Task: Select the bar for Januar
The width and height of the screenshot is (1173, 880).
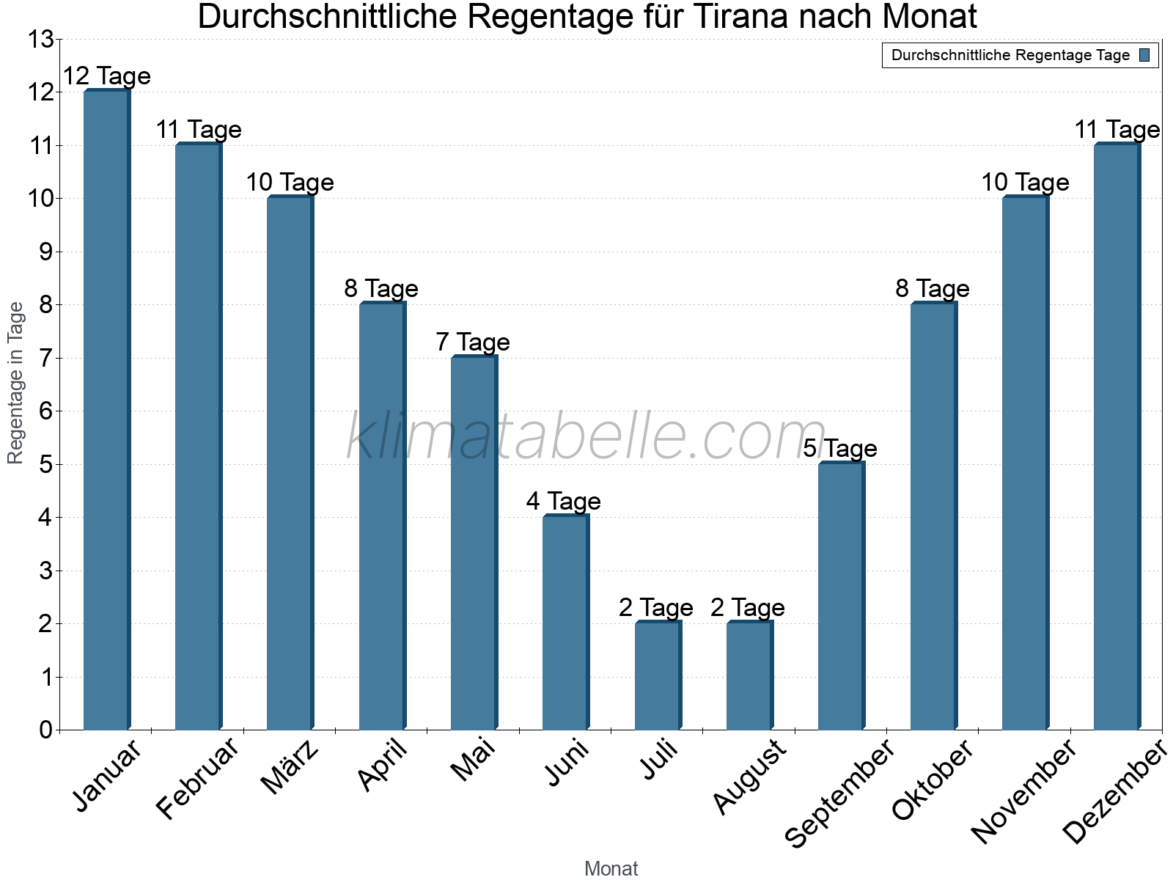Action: pyautogui.click(x=106, y=411)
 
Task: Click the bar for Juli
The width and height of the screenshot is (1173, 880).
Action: pyautogui.click(x=658, y=676)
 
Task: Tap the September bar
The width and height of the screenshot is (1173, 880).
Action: pyautogui.click(x=841, y=596)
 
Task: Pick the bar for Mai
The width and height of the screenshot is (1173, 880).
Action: pyautogui.click(x=474, y=543)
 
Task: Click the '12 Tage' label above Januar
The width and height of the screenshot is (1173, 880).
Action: pyautogui.click(x=106, y=76)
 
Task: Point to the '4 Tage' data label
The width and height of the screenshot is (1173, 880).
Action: pyautogui.click(x=563, y=501)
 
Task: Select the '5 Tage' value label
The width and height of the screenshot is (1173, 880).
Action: pyautogui.click(x=839, y=448)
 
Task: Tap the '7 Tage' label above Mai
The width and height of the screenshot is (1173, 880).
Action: pyautogui.click(x=473, y=342)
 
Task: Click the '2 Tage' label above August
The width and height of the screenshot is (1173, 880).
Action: pyautogui.click(x=747, y=607)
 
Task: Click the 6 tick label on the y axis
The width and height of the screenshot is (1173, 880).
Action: pyautogui.click(x=45, y=411)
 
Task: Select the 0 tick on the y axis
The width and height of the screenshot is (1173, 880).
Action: pyautogui.click(x=45, y=730)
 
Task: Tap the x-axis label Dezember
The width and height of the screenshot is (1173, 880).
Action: pyautogui.click(x=1114, y=792)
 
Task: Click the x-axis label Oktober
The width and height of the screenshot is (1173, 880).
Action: pyautogui.click(x=933, y=781)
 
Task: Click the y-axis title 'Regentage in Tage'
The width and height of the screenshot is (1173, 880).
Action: pyautogui.click(x=15, y=383)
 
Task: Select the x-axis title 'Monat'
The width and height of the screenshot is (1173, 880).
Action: pyautogui.click(x=611, y=869)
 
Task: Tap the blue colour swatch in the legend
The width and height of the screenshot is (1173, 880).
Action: pyautogui.click(x=1144, y=55)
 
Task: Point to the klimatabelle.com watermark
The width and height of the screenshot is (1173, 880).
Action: pyautogui.click(x=586, y=437)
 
